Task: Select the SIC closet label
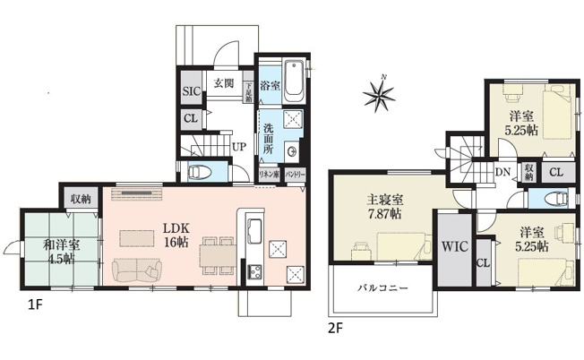click(x=191, y=91)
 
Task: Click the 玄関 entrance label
click(x=223, y=83)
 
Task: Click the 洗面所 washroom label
click(x=269, y=137)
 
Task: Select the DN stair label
click(x=502, y=172)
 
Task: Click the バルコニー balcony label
click(x=383, y=290)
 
